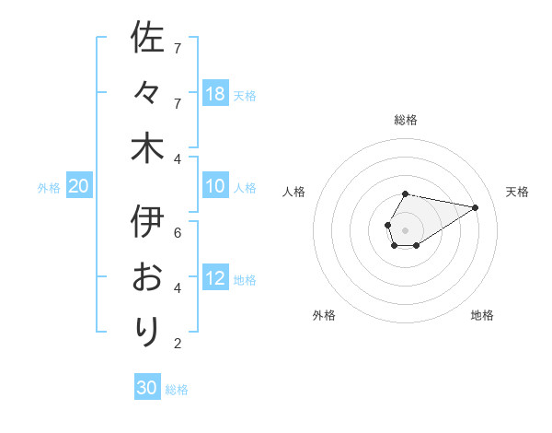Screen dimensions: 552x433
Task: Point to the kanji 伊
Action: click(x=147, y=222)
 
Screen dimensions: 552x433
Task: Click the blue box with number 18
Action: click(x=215, y=94)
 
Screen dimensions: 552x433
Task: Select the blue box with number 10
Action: click(x=215, y=187)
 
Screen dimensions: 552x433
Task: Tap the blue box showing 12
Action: click(x=215, y=279)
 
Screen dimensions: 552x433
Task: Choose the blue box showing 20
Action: click(x=79, y=187)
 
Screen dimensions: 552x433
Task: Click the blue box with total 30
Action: click(x=147, y=388)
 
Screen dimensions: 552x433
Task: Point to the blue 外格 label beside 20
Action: click(x=49, y=188)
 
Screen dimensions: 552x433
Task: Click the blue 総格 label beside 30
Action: click(x=177, y=390)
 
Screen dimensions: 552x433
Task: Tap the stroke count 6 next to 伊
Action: click(x=178, y=233)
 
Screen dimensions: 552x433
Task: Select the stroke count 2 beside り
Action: click(x=178, y=345)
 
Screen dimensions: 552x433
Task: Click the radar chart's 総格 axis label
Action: click(x=405, y=120)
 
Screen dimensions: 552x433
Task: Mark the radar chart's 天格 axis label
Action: click(x=517, y=192)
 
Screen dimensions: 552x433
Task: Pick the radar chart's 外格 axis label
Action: click(x=324, y=315)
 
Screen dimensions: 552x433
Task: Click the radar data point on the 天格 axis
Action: click(x=476, y=206)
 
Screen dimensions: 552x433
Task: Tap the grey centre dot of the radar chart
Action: click(x=405, y=228)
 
